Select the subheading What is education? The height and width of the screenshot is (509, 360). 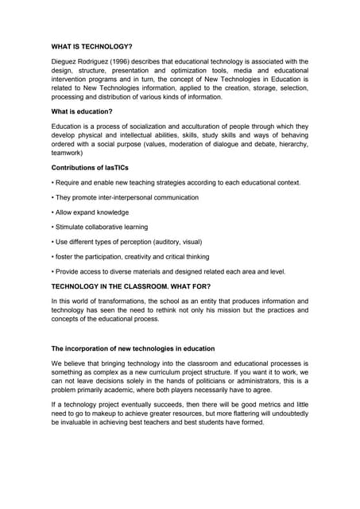[x=82, y=111]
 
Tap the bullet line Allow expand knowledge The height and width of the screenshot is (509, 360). [x=90, y=212]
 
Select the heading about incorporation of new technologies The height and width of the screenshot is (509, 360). [x=133, y=348]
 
